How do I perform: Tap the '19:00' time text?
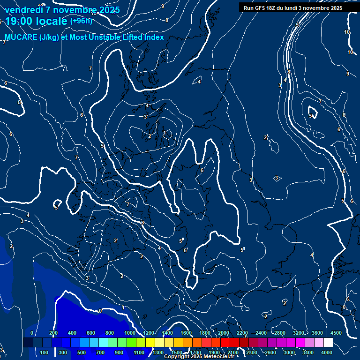click(22, 21)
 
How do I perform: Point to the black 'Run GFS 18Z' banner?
click(292, 8)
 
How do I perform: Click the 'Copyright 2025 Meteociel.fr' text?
click(199, 356)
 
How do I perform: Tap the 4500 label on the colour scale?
click(336, 333)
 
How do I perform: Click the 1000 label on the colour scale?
click(130, 333)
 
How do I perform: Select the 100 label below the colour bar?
click(45, 352)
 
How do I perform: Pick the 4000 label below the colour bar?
click(327, 352)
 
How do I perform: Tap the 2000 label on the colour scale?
click(224, 333)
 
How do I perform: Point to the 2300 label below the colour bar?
click(252, 352)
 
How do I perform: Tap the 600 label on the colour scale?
click(91, 333)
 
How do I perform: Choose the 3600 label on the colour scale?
click(317, 333)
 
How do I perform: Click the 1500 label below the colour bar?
click(177, 352)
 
